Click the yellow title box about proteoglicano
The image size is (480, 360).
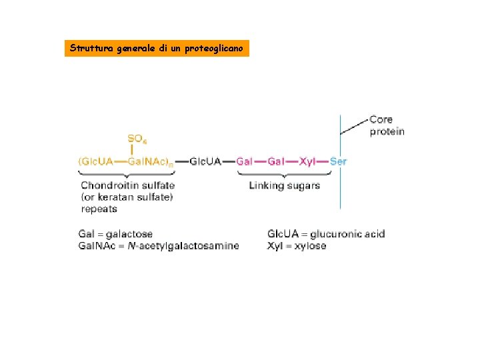[157, 49]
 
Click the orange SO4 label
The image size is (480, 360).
[137, 139]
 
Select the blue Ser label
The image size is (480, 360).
[338, 161]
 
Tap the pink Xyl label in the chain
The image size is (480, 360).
[307, 161]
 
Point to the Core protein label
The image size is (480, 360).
[387, 125]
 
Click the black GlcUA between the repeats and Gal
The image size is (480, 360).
[205, 161]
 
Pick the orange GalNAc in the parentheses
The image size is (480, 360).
[148, 161]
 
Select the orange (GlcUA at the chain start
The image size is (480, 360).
[97, 161]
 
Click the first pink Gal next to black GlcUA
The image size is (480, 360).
[245, 161]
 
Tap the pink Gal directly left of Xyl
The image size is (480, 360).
[276, 161]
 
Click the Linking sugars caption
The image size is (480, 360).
[284, 185]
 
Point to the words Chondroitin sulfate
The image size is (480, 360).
[128, 185]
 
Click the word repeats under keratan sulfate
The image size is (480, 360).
[99, 209]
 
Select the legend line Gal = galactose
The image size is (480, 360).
[115, 234]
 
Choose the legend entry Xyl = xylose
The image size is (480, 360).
[297, 246]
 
